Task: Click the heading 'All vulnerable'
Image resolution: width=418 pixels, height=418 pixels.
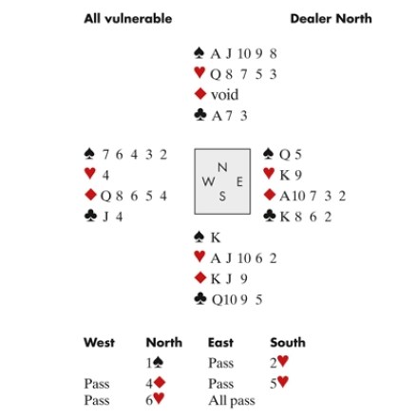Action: [x=128, y=19]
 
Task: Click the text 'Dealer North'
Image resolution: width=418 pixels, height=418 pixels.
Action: [x=331, y=19]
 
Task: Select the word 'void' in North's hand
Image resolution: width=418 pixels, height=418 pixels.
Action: [x=224, y=95]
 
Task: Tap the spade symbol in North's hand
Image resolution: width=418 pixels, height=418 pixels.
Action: [x=199, y=53]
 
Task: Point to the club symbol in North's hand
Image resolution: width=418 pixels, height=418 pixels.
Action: [x=200, y=115]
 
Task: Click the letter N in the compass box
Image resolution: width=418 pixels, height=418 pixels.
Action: [x=222, y=167]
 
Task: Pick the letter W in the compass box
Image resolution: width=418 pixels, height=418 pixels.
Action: [x=208, y=181]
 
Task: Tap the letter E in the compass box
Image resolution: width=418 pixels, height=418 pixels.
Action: [x=239, y=181]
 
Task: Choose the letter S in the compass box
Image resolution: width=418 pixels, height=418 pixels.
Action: [x=222, y=197]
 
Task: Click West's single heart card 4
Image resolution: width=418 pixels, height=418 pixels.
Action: [x=105, y=175]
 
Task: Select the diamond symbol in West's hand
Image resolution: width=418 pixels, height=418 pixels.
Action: [x=90, y=195]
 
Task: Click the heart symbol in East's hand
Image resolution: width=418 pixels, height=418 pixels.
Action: [x=269, y=173]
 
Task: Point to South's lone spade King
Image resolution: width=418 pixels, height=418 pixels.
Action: [x=216, y=237]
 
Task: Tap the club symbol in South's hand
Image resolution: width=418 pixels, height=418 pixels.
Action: [x=200, y=298]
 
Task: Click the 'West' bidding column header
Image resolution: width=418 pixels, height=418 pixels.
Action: [x=99, y=342]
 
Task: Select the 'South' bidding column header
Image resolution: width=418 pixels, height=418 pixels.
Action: [x=288, y=342]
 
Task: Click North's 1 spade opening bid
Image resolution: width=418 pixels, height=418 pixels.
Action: [x=155, y=363]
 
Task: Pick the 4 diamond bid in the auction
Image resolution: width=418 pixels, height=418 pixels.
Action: [x=156, y=383]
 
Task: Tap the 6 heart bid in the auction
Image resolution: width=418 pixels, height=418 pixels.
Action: [x=155, y=400]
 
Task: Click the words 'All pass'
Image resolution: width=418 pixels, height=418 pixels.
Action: [x=232, y=401]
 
